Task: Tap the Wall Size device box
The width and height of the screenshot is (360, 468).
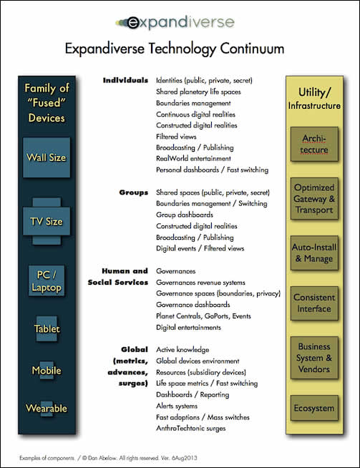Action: [x=46, y=157]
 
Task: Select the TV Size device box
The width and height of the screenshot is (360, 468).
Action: [x=45, y=221]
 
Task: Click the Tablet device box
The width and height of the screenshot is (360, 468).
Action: [x=46, y=329]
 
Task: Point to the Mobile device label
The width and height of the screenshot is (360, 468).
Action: [x=46, y=371]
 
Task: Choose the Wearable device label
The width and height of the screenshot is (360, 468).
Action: [x=46, y=409]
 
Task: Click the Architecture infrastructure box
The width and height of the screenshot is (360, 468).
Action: [x=315, y=145]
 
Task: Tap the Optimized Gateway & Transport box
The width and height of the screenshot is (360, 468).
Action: [x=315, y=199]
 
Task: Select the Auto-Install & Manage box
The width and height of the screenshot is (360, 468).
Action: [x=315, y=253]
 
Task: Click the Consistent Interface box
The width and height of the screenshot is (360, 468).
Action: [x=315, y=303]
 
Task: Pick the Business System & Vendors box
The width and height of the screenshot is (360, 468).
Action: [x=315, y=357]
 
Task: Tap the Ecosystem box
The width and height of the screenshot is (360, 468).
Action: [x=315, y=409]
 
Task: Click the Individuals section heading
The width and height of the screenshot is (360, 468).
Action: [x=125, y=80]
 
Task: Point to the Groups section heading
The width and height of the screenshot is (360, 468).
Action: [x=134, y=192]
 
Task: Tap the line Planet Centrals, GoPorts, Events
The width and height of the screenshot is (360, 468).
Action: [x=203, y=316]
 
